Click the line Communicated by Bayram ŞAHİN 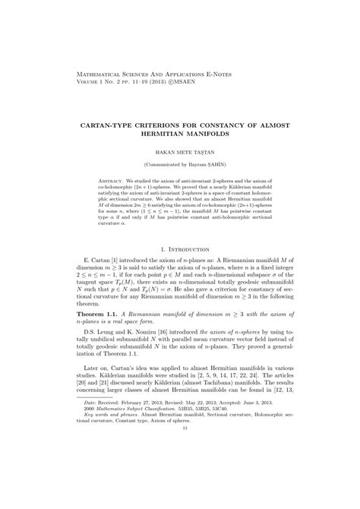pos(179,163)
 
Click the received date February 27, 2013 pos(132,451)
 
